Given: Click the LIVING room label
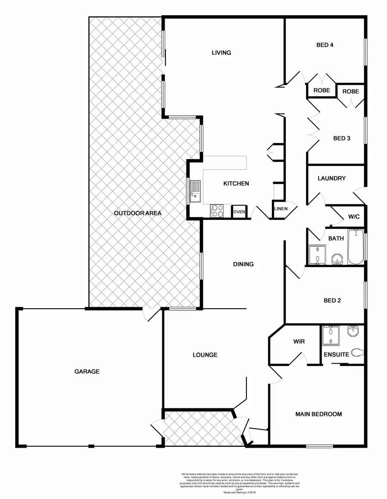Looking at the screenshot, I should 221,53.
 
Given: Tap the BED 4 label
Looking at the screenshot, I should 325,45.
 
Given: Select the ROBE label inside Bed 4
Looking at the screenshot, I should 322,91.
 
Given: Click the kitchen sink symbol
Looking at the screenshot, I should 195,191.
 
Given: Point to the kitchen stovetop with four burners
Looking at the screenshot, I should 218,211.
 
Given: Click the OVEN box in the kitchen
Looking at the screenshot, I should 239,212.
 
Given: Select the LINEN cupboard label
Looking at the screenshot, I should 281,209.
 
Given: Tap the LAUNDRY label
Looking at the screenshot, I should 332,178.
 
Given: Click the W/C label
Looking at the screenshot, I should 354,216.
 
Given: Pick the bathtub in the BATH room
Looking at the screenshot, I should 356,247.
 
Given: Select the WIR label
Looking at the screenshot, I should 298,342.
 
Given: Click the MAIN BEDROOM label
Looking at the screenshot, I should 319,414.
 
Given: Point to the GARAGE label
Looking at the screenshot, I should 87,371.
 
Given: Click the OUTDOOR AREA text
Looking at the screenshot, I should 137,213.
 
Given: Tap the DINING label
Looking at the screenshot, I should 243,264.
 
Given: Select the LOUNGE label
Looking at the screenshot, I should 205,355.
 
